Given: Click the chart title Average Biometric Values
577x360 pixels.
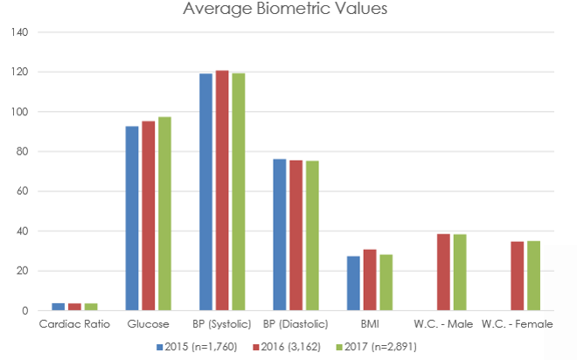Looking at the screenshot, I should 285,10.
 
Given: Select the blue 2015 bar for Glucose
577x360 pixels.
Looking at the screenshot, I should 132,218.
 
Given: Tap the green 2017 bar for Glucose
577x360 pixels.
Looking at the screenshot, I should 164,214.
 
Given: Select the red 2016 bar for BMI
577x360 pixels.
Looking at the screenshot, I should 370,280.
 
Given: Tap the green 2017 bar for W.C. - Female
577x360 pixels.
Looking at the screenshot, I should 533,276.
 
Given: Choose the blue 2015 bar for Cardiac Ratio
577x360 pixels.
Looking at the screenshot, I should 58,307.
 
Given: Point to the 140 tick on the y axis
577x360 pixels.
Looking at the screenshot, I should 19,32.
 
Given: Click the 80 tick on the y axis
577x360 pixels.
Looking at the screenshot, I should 22,152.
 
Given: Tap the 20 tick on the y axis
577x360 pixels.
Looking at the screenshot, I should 22,271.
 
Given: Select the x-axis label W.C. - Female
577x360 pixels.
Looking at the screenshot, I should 518,325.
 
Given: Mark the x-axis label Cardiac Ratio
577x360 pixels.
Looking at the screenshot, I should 74,325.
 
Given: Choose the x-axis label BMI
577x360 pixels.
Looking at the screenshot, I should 370,325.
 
